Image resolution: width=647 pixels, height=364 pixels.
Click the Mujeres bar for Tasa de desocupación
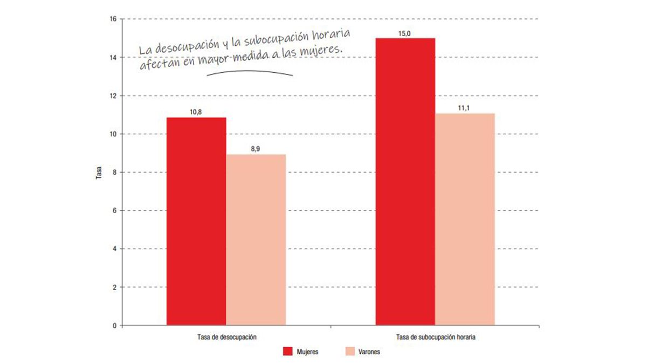pos(196,221)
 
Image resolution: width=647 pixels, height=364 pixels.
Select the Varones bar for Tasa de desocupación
pos(256,240)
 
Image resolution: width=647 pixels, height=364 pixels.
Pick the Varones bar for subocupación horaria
pos(465,219)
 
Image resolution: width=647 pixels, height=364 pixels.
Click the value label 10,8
pos(196,112)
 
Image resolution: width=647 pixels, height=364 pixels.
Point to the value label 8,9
pos(256,149)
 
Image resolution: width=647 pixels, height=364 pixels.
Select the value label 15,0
pos(405,33)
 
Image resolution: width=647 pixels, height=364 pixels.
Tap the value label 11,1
pos(465,108)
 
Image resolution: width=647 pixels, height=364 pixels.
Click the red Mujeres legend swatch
pos(287,352)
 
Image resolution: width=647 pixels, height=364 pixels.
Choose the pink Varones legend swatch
pos(348,352)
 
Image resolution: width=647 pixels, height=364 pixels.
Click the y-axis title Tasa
pos(99,173)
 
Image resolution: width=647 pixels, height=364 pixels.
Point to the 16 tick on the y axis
pos(113,19)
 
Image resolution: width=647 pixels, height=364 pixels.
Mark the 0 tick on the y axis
pos(115,326)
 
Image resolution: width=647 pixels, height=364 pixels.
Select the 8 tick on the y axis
pos(115,172)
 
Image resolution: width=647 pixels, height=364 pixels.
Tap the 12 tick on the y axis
pos(113,95)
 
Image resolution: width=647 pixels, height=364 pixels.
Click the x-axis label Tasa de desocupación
pos(226,338)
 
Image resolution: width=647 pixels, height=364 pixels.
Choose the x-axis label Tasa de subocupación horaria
pos(435,338)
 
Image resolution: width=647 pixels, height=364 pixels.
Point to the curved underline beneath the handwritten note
pos(249,72)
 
